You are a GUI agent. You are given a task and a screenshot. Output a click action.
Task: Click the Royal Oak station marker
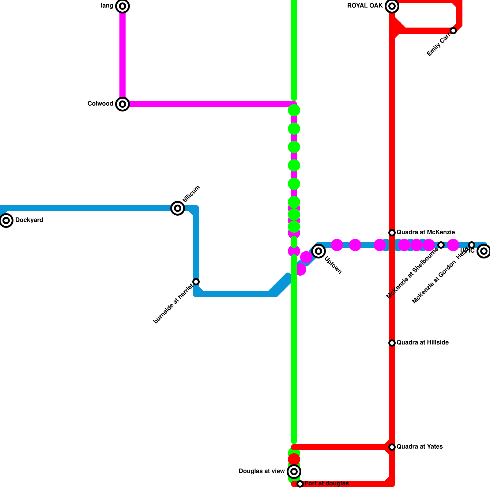pyautogui.click(x=392, y=6)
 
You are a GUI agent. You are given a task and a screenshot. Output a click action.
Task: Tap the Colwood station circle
pyautogui.click(x=123, y=104)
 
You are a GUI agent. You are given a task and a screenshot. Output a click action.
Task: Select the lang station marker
pyautogui.click(x=123, y=6)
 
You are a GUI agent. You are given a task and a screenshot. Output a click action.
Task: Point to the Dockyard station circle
pyautogui.click(x=6, y=221)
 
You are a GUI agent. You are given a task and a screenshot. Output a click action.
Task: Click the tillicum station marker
pyautogui.click(x=178, y=208)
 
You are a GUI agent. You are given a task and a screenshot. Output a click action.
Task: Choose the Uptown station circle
pyautogui.click(x=318, y=251)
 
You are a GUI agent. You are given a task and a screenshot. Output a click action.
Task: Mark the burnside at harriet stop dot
pyautogui.click(x=196, y=282)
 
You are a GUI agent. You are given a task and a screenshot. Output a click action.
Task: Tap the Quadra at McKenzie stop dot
pyautogui.click(x=392, y=233)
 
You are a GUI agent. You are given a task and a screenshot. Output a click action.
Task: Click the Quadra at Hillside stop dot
pyautogui.click(x=392, y=343)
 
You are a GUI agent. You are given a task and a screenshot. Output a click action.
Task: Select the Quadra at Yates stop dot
pyautogui.click(x=392, y=447)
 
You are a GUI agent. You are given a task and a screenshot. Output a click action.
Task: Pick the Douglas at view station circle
pyautogui.click(x=294, y=471)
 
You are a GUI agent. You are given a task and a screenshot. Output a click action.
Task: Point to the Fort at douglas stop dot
pyautogui.click(x=300, y=484)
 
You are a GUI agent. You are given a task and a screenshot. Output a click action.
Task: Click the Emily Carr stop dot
pyautogui.click(x=453, y=31)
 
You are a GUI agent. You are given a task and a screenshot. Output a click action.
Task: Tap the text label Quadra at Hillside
pyautogui.click(x=423, y=343)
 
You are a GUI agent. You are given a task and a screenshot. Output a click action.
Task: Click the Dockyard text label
pyautogui.click(x=29, y=220)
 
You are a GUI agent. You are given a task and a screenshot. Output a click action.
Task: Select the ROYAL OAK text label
pyautogui.click(x=365, y=6)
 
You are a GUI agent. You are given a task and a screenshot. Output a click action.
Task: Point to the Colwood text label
pyautogui.click(x=100, y=104)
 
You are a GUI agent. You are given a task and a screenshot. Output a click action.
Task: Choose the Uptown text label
pyautogui.click(x=333, y=265)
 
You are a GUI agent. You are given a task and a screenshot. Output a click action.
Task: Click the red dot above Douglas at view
pyautogui.click(x=294, y=459)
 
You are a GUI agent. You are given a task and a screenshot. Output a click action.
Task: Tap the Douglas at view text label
pyautogui.click(x=262, y=471)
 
